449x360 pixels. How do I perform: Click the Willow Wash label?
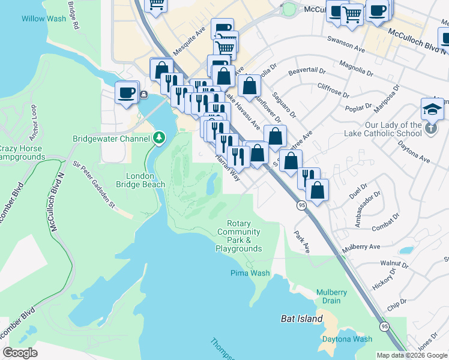click(44, 19)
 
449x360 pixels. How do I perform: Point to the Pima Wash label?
click(250, 273)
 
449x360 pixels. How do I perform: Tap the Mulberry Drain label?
click(332, 296)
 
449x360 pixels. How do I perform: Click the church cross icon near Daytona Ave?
click(430, 128)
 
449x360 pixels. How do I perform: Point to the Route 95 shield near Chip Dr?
click(383, 326)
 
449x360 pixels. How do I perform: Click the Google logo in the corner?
click(20, 353)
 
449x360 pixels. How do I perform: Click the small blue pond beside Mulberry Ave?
click(406, 250)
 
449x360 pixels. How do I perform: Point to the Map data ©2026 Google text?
click(412, 355)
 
